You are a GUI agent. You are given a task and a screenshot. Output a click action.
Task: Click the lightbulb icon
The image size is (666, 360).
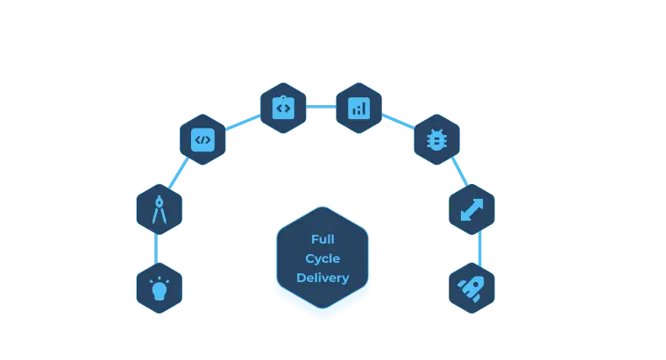159,288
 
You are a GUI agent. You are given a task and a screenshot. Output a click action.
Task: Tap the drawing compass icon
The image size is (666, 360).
159,209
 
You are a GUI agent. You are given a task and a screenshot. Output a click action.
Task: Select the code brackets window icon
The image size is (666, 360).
202,139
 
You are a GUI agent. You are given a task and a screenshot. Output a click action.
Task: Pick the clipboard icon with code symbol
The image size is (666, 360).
283,108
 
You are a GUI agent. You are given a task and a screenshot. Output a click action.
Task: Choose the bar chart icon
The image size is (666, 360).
358,108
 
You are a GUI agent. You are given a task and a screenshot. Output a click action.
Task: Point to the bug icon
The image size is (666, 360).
436,139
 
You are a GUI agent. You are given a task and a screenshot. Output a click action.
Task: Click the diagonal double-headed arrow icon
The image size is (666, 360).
472,209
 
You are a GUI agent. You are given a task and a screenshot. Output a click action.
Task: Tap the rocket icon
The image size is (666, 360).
472,288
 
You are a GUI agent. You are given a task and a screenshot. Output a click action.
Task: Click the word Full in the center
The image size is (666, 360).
322,239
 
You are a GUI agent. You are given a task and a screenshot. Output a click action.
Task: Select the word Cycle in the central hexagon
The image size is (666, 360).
322,258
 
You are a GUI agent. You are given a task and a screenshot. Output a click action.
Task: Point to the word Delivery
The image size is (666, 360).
322,278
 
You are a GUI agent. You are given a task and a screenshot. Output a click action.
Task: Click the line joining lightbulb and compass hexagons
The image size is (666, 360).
159,249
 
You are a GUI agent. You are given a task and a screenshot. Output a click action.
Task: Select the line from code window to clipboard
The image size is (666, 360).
242,124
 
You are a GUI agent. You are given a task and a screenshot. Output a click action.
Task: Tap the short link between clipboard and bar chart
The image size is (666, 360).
321,108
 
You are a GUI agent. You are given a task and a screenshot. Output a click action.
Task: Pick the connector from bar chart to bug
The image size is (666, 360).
399,123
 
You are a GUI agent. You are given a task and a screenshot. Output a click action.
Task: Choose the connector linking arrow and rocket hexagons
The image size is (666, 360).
478,249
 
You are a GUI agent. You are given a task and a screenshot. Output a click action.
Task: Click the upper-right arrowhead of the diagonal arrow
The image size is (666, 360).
480,201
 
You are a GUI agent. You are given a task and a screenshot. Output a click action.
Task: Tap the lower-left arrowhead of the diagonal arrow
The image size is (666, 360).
464,217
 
